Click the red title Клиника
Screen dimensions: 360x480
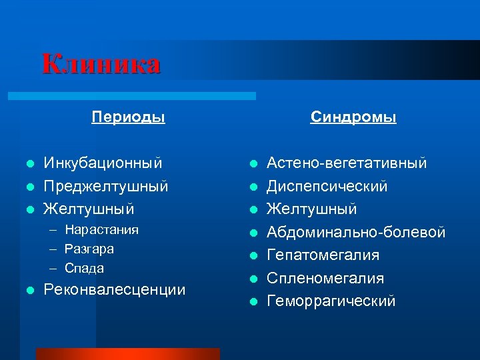(101, 65)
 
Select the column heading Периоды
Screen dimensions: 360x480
(128, 117)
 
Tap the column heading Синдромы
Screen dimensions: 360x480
(353, 117)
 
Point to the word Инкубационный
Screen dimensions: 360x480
(103, 163)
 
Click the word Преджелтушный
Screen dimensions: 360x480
(105, 186)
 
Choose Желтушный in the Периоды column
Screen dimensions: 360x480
(88, 209)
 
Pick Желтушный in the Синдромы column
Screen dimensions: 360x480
(311, 209)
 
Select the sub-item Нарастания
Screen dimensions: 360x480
(101, 230)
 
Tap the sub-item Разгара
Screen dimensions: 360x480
(89, 249)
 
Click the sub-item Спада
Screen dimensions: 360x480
(84, 268)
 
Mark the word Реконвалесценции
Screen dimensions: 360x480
(114, 290)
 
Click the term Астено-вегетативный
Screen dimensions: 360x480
(347, 163)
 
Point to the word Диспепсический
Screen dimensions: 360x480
(327, 186)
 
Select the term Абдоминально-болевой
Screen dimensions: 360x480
(356, 232)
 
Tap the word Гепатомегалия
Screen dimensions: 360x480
(323, 255)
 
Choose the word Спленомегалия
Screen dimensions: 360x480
(325, 278)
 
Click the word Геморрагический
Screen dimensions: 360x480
(331, 301)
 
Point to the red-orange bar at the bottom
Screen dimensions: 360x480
(127, 353)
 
